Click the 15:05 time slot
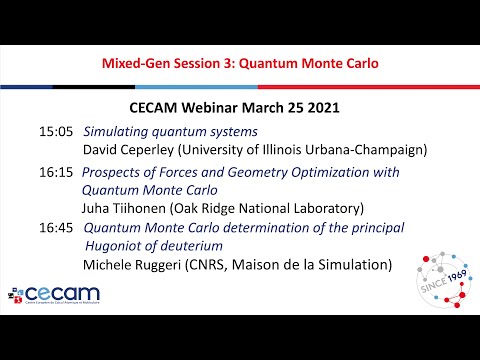click(x=56, y=132)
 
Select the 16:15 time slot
click(x=56, y=172)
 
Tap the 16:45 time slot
click(x=56, y=228)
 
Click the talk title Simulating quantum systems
click(x=170, y=132)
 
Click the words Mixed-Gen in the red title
click(x=138, y=63)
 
